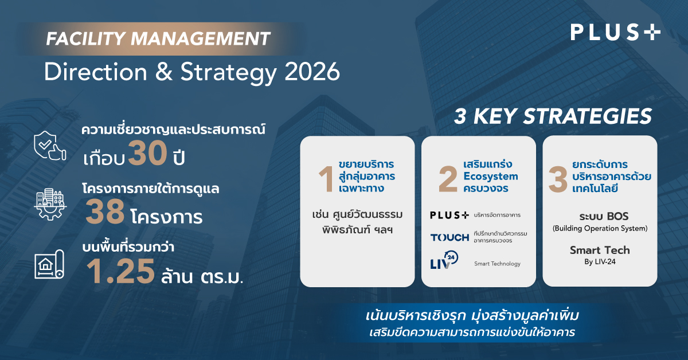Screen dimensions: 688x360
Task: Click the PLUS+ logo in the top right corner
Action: click(x=615, y=33)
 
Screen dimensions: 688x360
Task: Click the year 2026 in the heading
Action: click(x=312, y=72)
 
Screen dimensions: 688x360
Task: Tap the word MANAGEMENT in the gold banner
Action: click(x=200, y=39)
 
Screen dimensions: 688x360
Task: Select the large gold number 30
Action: click(x=148, y=152)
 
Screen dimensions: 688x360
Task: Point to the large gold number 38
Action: click(x=105, y=212)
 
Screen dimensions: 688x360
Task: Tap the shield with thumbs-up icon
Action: click(x=50, y=146)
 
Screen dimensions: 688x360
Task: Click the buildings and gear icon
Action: click(x=50, y=204)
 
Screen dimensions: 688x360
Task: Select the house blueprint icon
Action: click(x=49, y=264)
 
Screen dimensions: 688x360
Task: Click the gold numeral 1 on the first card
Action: click(x=326, y=179)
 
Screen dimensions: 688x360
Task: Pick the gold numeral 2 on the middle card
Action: click(x=448, y=179)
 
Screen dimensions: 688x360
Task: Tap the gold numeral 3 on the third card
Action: click(x=558, y=179)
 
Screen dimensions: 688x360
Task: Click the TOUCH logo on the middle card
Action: click(x=449, y=237)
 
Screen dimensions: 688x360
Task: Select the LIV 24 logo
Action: click(x=444, y=260)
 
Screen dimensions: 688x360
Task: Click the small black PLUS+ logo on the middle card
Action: click(x=449, y=215)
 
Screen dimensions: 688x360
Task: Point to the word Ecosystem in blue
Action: click(x=491, y=177)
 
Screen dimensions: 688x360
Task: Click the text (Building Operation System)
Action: click(x=600, y=229)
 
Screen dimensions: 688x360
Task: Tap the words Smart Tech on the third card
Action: click(x=600, y=250)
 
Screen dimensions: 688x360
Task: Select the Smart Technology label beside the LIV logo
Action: click(x=497, y=264)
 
